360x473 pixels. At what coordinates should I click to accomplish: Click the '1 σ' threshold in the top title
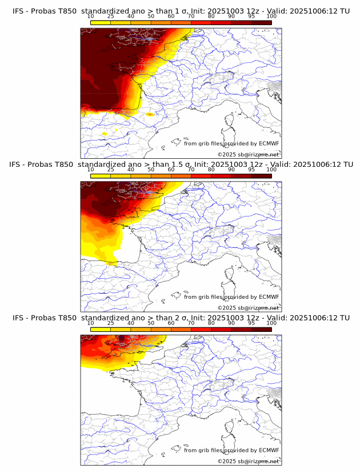coord(185,11)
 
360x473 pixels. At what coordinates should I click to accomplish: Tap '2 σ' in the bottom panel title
coord(185,318)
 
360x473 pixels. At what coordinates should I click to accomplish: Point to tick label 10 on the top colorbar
coord(90,17)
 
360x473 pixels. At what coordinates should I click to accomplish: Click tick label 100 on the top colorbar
coord(271,17)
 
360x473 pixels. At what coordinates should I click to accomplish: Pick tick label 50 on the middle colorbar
coord(151,170)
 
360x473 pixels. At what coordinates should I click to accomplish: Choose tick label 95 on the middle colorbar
coord(251,170)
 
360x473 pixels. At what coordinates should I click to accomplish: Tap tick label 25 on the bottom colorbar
coord(110,323)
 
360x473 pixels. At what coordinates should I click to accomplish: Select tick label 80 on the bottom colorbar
coord(211,323)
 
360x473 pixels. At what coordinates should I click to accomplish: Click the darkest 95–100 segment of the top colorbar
coord(262,22)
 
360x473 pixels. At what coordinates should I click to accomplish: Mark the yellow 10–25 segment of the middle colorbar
coord(101,176)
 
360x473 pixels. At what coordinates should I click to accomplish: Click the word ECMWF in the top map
coord(269,143)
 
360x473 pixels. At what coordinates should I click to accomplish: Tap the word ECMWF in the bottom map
coord(269,450)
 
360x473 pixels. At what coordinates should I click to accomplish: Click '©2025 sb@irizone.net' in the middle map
coord(248,308)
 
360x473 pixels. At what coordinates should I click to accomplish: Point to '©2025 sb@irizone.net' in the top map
coord(248,155)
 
